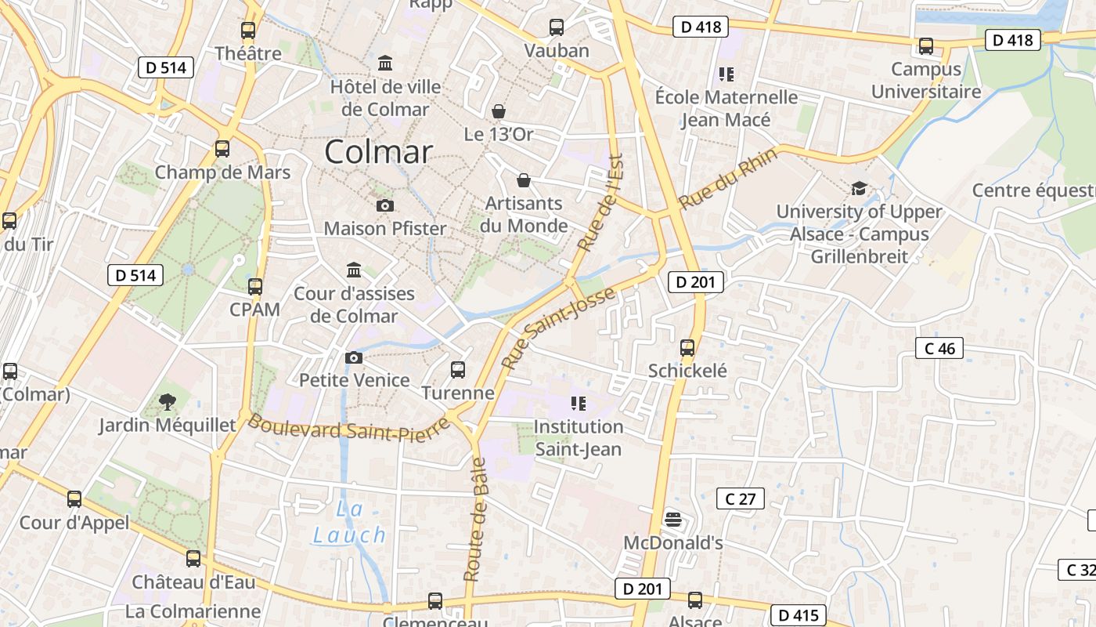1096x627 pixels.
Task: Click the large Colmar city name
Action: point(378,152)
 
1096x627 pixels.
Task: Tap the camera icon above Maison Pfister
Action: point(385,205)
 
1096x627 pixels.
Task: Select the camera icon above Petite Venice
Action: point(354,357)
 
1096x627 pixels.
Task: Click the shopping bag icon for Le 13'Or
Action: point(499,111)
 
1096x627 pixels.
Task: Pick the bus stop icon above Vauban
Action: point(557,27)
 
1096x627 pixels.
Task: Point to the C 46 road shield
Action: point(939,348)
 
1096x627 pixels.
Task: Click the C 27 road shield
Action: point(741,498)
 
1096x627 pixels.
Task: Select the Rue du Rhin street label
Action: point(728,179)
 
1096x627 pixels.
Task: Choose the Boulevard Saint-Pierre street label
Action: point(349,429)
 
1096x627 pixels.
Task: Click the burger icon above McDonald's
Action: point(672,519)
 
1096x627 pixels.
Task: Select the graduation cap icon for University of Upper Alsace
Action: point(860,188)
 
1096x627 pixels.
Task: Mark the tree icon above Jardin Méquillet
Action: point(167,403)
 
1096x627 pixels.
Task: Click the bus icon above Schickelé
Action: point(687,348)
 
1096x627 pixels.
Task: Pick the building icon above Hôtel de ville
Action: point(385,63)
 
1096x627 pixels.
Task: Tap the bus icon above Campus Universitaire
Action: point(926,46)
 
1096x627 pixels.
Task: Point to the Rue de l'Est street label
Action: point(599,203)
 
